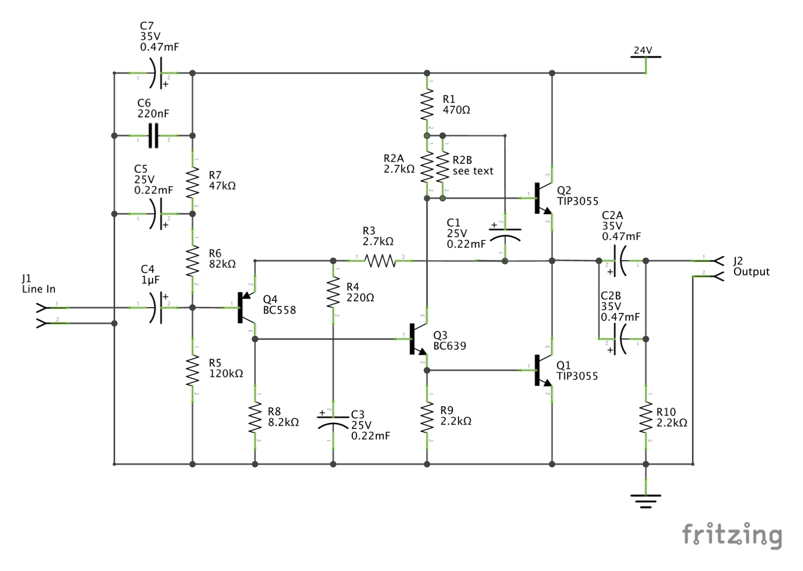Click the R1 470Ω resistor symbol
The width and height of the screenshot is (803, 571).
tap(427, 104)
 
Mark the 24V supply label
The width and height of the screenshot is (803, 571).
tap(643, 51)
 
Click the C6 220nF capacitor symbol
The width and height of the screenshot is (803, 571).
tap(153, 136)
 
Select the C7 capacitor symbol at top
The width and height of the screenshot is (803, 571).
tap(156, 73)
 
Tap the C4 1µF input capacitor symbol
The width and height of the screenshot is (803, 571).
tap(156, 308)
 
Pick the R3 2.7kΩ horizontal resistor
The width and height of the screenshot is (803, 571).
tap(380, 261)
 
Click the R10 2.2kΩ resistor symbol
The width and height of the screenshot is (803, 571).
tap(646, 417)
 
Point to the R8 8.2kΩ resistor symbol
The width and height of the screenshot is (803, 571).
tap(255, 417)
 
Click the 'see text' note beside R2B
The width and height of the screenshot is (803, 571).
tap(473, 171)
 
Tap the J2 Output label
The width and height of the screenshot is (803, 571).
tap(750, 266)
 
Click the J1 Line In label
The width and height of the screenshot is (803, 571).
tap(38, 284)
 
